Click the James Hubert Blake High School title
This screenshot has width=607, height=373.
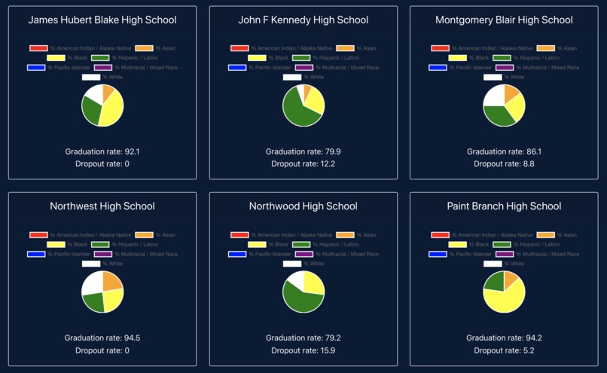pyautogui.click(x=102, y=20)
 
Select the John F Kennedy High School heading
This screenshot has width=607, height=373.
pyautogui.click(x=303, y=20)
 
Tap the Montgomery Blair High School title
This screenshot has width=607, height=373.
pyautogui.click(x=504, y=20)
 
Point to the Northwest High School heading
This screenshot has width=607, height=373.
pyautogui.click(x=102, y=206)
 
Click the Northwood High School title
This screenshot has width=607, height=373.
pyautogui.click(x=303, y=206)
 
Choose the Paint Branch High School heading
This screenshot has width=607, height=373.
pyautogui.click(x=504, y=206)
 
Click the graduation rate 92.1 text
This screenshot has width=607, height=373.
pyautogui.click(x=102, y=151)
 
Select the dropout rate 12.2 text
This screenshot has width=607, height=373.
pyautogui.click(x=303, y=164)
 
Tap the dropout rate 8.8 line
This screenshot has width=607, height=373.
pyautogui.click(x=504, y=164)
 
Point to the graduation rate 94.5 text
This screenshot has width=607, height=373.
pyautogui.click(x=102, y=338)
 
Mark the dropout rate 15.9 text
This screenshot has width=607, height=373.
pyautogui.click(x=303, y=350)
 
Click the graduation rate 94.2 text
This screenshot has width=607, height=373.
pyautogui.click(x=504, y=338)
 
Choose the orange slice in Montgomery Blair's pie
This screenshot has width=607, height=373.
pyautogui.click(x=511, y=93)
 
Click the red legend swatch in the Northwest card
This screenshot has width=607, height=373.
pyautogui.click(x=38, y=235)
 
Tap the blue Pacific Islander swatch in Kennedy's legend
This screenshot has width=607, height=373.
pyautogui.click(x=237, y=67)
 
